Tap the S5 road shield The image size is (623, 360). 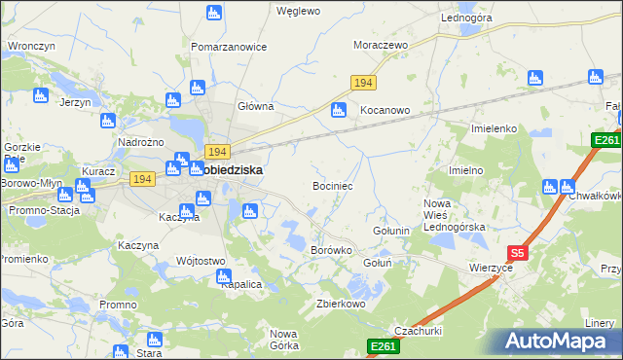pyautogui.click(x=518, y=253)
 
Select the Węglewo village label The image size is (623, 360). pyautogui.click(x=298, y=12)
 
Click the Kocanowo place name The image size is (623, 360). pyautogui.click(x=385, y=111)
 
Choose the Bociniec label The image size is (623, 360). pyautogui.click(x=332, y=184)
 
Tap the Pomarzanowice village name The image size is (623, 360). pyautogui.click(x=229, y=46)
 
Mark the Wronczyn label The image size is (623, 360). pyautogui.click(x=29, y=46)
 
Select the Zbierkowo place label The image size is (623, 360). pyautogui.click(x=340, y=304)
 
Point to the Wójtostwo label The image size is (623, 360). pyautogui.click(x=201, y=261)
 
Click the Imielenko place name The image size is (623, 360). pyautogui.click(x=494, y=128)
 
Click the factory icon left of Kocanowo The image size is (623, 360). pyautogui.click(x=339, y=110)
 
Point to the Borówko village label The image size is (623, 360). pyautogui.click(x=330, y=250)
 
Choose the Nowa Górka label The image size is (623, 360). pyautogui.click(x=283, y=339)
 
